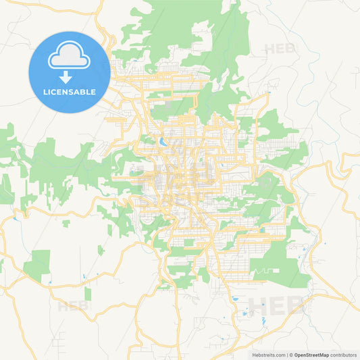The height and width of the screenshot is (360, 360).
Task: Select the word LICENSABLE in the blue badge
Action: [x=70, y=92]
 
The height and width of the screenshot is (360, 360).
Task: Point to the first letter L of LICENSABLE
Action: [x=45, y=92]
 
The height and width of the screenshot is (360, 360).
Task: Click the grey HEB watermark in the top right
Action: [x=280, y=49]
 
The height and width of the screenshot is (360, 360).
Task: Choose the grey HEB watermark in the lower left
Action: [x=73, y=305]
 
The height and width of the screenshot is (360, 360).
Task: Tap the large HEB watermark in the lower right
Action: [x=277, y=305]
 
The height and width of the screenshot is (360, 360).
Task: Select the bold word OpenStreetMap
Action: [x=311, y=355]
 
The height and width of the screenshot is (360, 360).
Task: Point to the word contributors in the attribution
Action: [x=342, y=355]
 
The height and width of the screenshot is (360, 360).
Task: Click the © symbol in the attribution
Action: [x=291, y=355]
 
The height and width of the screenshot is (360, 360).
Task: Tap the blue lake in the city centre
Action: [x=163, y=143]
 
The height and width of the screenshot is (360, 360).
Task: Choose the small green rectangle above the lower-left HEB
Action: [x=87, y=293]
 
